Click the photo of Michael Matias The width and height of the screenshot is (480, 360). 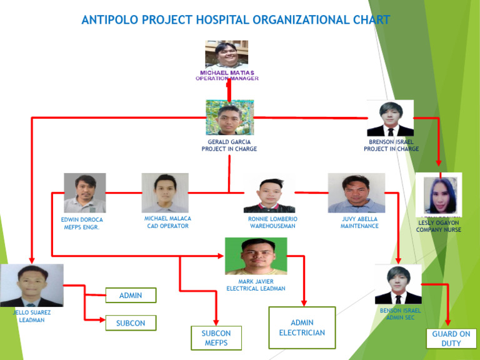coord(226,55)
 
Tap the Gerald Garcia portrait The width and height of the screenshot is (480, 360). coord(229,117)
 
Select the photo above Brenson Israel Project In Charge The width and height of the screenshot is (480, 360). coord(391,118)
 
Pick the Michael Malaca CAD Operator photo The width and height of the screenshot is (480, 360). coord(165,192)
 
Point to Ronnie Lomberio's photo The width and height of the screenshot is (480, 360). coord(269,195)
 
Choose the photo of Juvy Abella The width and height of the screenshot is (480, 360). coord(356,192)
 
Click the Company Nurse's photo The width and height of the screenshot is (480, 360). coord(439,194)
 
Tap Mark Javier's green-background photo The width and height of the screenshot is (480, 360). coord(256,255)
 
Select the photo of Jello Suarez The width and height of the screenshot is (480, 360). coord(32,285)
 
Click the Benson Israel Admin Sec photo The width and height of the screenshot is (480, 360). coord(398,284)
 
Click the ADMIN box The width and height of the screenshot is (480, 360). coord(131,295)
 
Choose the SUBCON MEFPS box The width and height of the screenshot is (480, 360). coord(216,338)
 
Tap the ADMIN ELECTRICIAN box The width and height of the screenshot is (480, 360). coord(302,327)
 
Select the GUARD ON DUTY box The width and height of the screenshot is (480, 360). coord(451,338)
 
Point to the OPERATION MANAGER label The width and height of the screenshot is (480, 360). coord(227,79)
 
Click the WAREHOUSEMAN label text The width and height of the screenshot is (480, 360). coord(272,226)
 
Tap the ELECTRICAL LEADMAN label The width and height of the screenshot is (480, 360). coord(256,289)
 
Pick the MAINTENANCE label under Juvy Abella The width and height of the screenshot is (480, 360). coord(359,226)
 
